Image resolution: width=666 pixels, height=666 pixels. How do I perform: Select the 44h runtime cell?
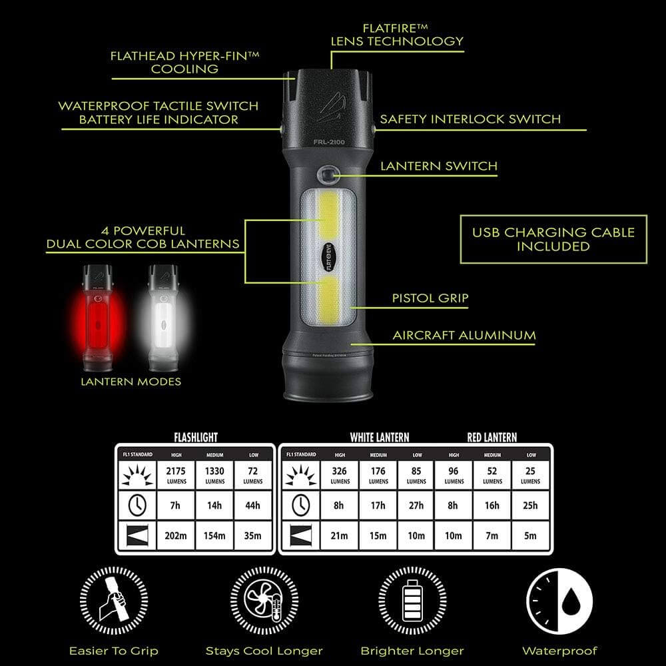click(x=253, y=505)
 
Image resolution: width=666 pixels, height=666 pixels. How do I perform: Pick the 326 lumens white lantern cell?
click(x=340, y=474)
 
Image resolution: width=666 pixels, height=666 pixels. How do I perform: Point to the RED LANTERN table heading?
click(x=492, y=438)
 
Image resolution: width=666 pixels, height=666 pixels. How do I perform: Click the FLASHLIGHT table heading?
click(x=196, y=438)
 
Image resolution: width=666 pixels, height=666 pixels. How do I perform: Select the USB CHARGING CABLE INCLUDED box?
click(x=553, y=239)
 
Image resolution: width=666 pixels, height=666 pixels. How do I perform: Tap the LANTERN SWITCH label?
click(x=438, y=166)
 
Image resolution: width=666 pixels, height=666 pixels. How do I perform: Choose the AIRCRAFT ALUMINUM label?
click(x=464, y=335)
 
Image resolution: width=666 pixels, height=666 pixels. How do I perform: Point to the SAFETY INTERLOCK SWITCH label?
click(x=470, y=120)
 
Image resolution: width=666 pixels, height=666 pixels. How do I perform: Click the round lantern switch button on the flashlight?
click(x=327, y=174)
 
